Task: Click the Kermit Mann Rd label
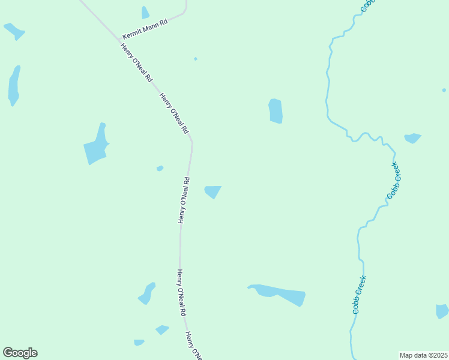point(145,28)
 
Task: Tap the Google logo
point(20,353)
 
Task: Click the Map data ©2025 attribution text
point(423,355)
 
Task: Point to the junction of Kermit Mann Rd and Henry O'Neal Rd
point(118,39)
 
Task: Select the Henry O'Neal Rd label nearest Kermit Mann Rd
point(136,63)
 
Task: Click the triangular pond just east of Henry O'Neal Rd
point(212,191)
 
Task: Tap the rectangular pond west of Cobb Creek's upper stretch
point(276,111)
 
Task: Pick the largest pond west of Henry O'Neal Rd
point(96,145)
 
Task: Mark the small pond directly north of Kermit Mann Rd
point(145,13)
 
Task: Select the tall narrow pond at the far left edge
point(14,85)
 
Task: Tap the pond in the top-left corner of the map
point(14,31)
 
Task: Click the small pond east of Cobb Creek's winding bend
point(412,138)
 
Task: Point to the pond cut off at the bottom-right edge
point(442,311)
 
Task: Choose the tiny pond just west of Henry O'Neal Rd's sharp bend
point(160,169)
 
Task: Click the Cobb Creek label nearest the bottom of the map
point(359,295)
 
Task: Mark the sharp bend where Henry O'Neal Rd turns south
point(191,142)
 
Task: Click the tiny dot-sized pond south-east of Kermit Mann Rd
point(196,59)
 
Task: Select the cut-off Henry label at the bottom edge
point(193,346)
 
